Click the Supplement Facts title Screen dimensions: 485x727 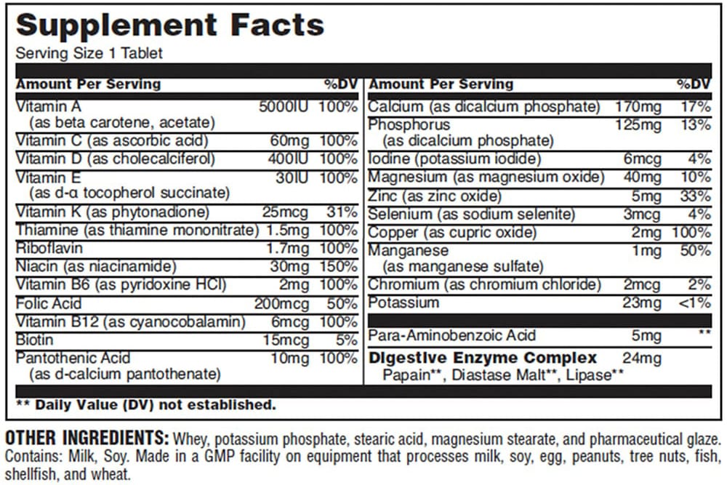[169, 26]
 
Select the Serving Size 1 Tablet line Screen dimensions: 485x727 [89, 53]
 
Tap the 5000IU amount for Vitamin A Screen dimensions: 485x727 [284, 106]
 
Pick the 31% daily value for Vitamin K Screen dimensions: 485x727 [342, 212]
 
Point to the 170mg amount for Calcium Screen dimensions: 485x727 [638, 107]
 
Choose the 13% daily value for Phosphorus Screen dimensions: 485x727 [696, 125]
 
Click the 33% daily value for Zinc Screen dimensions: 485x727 [696, 196]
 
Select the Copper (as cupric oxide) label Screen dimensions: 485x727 [452, 233]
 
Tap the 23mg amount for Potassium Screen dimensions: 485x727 [642, 302]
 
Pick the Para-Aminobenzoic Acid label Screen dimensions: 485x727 [451, 335]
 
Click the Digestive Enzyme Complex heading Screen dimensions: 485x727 [483, 358]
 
